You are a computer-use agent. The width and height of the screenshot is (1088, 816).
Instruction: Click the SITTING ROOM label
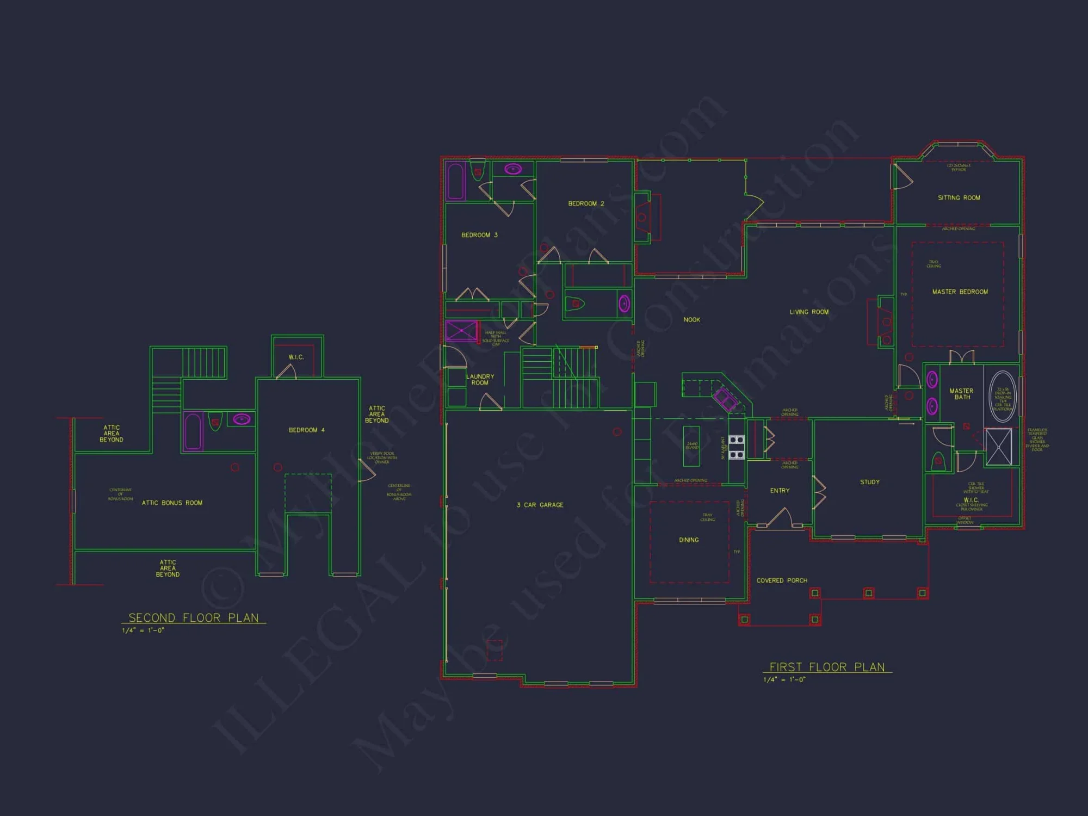(959, 198)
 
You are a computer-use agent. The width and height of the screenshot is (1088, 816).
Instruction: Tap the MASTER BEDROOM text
(960, 292)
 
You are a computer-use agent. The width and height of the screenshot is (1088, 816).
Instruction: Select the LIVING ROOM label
(809, 312)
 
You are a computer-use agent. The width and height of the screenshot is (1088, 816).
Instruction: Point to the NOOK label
(691, 320)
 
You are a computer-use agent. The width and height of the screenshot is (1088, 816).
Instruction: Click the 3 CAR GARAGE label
(540, 505)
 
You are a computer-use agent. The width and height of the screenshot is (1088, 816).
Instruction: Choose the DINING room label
(689, 540)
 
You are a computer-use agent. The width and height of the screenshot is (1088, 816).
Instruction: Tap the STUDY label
(869, 482)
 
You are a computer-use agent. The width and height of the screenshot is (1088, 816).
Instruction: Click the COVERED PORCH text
(782, 580)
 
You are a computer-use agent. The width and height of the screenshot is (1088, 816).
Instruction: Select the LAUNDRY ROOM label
(480, 380)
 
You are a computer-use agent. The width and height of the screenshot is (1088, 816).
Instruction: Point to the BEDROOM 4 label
(306, 430)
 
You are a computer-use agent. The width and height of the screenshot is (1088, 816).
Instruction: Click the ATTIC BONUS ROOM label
(172, 503)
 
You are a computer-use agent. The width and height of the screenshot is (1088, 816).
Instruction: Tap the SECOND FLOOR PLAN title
(193, 618)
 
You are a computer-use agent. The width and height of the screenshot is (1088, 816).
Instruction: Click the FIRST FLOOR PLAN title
(827, 667)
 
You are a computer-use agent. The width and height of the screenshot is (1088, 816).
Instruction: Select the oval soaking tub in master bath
(1002, 397)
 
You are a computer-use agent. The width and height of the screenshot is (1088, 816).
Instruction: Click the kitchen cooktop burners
(736, 447)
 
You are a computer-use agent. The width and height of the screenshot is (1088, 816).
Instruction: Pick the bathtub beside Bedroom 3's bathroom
(455, 181)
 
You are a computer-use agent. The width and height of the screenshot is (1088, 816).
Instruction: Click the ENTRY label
(780, 491)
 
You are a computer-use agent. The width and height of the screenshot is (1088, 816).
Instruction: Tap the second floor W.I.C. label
(296, 357)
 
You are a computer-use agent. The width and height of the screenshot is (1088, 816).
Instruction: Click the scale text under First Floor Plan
(784, 679)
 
